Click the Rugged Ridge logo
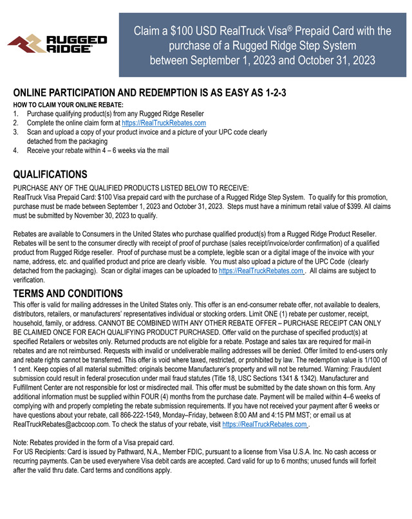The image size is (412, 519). (x=57, y=44)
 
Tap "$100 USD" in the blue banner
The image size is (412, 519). (x=192, y=31)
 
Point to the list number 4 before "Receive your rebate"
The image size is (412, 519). (x=15, y=150)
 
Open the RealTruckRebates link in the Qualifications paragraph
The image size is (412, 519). (x=261, y=271)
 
